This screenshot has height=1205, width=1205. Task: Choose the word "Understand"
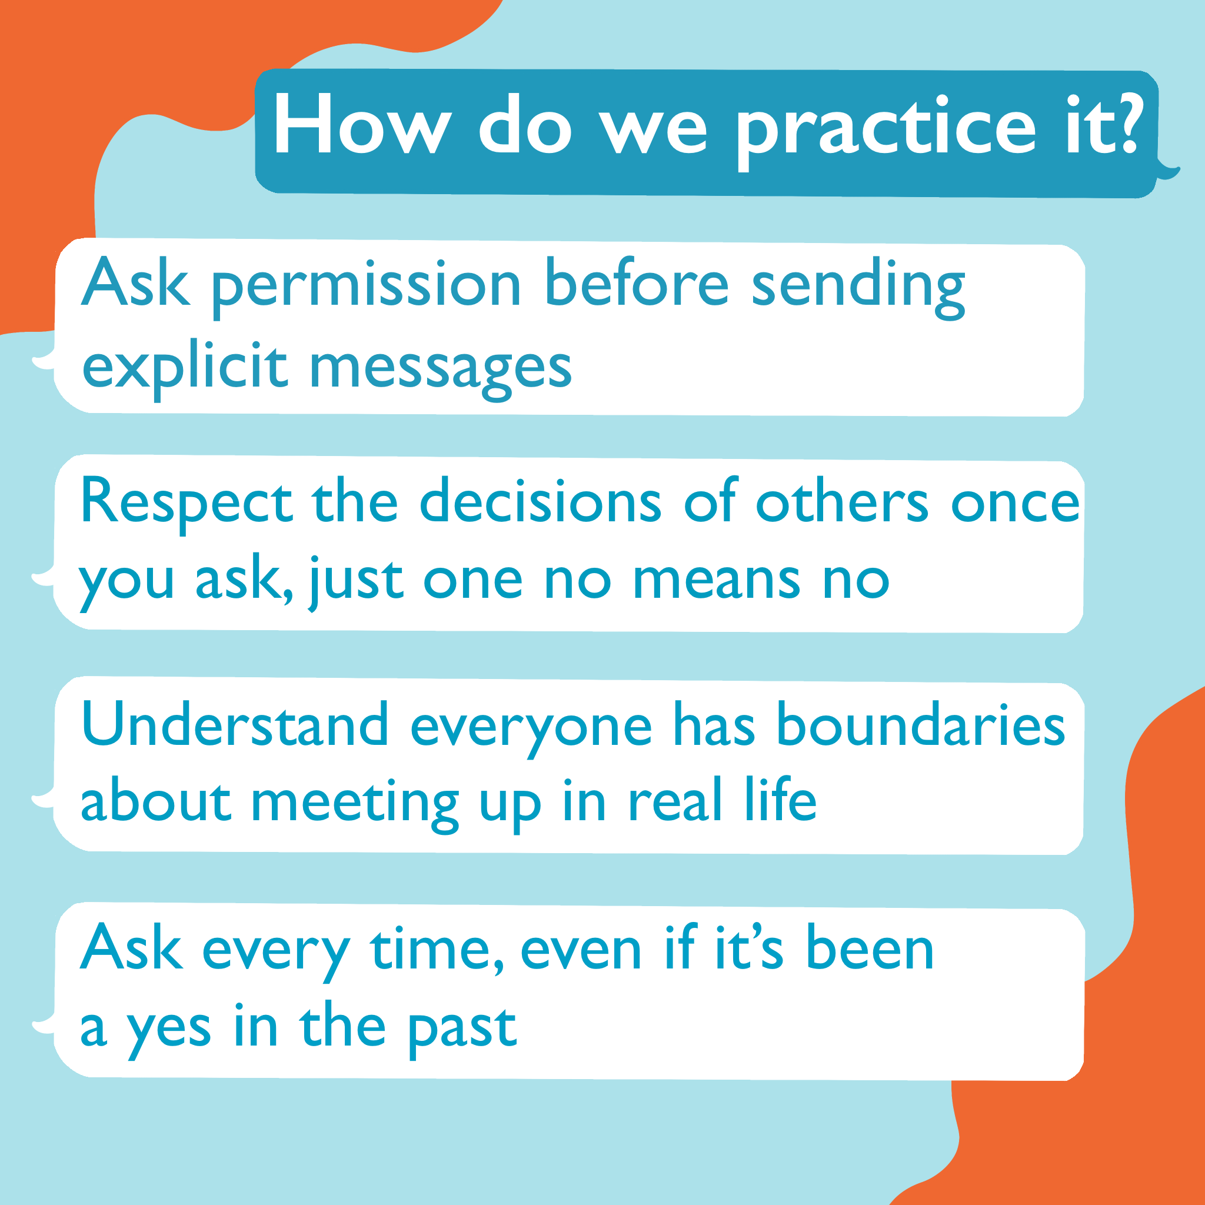[235, 723]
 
